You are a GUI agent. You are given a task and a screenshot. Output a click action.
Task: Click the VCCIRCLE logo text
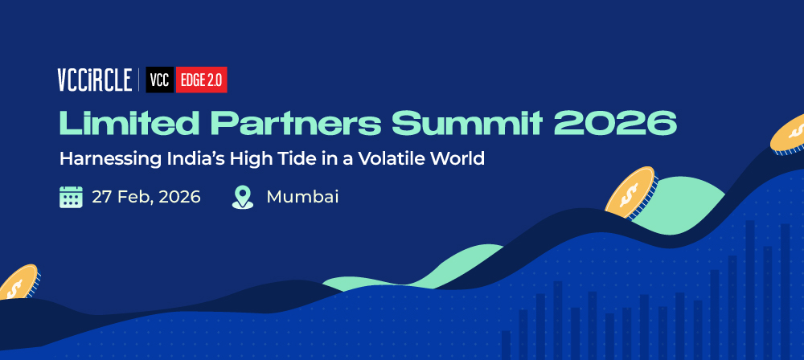pyautogui.click(x=95, y=80)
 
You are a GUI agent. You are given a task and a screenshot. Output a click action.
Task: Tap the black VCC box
pyautogui.click(x=160, y=80)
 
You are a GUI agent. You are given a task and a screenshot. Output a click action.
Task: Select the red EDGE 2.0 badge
pyautogui.click(x=202, y=80)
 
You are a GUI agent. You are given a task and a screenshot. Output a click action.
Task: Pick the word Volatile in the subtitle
pyautogui.click(x=392, y=158)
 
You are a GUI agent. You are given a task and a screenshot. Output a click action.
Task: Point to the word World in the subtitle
pyautogui.click(x=457, y=158)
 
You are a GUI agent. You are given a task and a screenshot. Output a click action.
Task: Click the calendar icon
pyautogui.click(x=71, y=197)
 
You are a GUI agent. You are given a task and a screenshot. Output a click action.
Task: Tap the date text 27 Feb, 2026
pyautogui.click(x=146, y=198)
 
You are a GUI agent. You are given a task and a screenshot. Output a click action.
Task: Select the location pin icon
pyautogui.click(x=243, y=198)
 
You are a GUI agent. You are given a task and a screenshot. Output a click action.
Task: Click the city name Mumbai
pyautogui.click(x=302, y=197)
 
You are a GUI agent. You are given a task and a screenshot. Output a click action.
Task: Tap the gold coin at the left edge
pyautogui.click(x=18, y=283)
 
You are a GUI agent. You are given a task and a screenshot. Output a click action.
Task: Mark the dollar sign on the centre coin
pyautogui.click(x=629, y=194)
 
